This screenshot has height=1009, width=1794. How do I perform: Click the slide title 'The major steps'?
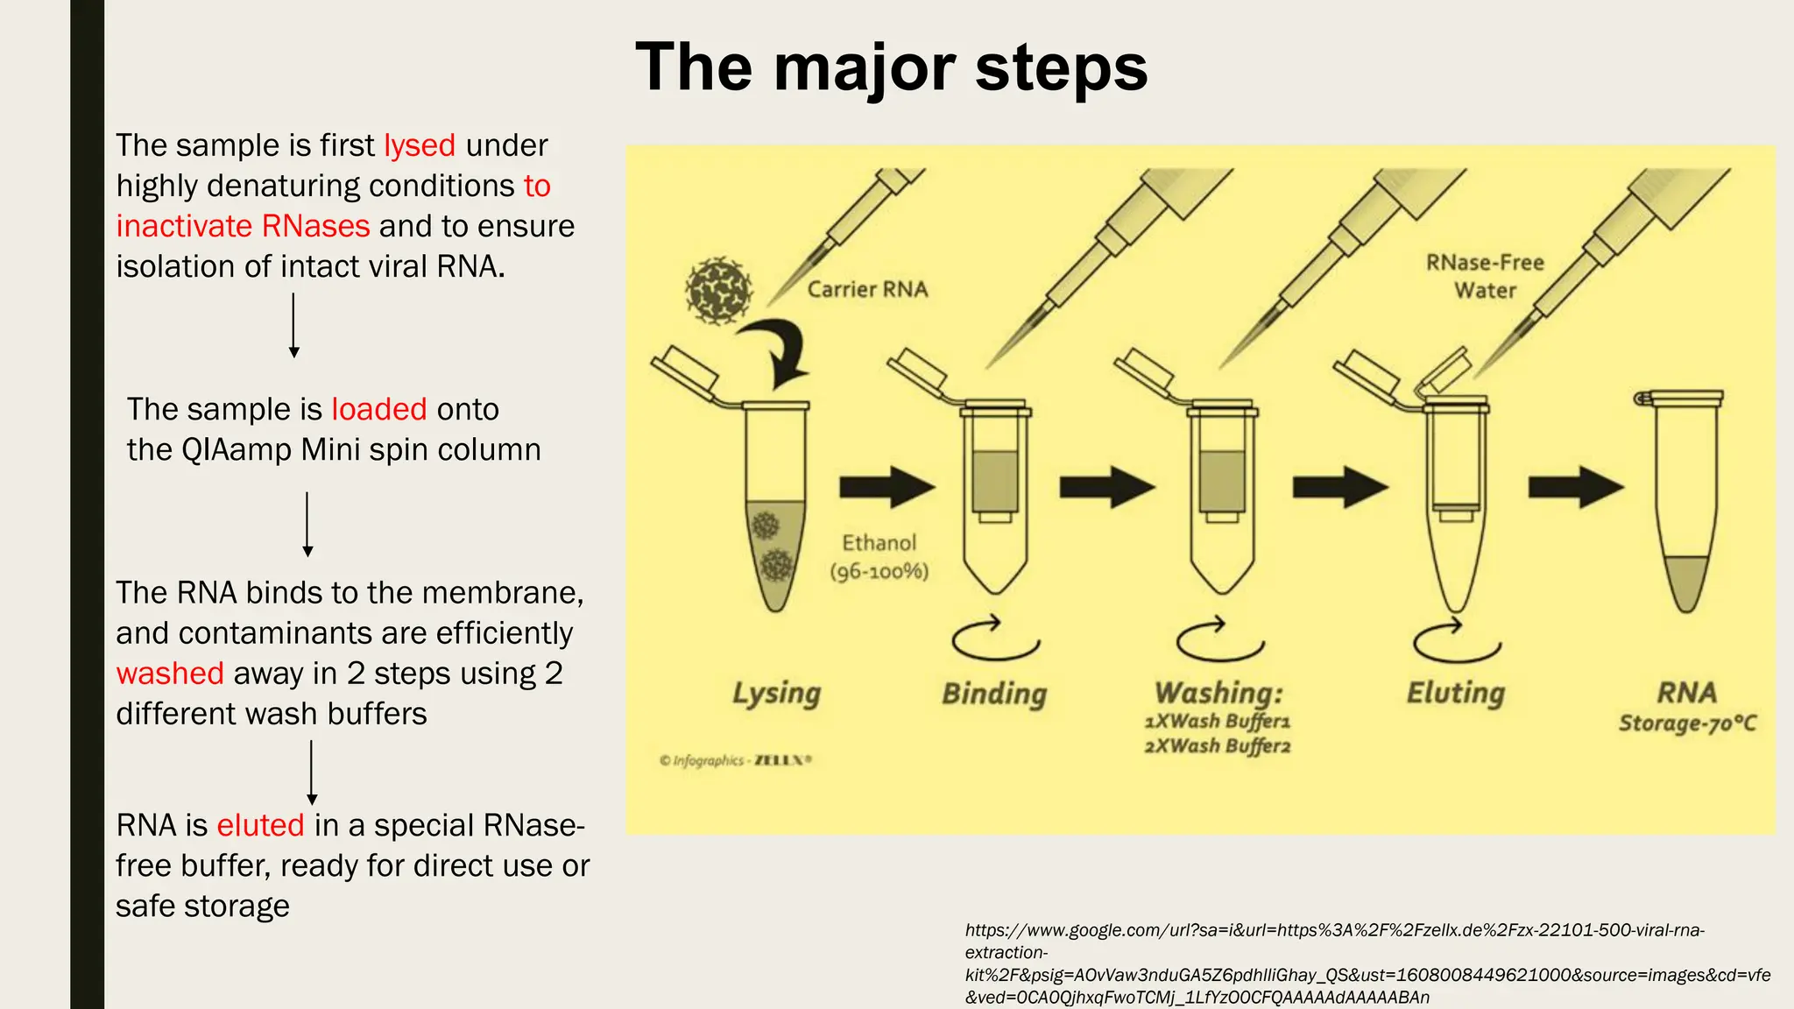tap(891, 68)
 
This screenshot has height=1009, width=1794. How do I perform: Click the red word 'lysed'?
tap(420, 145)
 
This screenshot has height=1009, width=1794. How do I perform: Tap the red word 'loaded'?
tap(378, 409)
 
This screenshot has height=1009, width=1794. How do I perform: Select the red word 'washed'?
tap(170, 674)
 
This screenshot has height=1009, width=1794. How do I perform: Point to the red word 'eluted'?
tap(260, 825)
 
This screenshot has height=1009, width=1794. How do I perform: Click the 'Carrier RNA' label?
tap(867, 290)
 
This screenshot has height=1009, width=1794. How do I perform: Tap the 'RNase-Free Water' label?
tap(1485, 276)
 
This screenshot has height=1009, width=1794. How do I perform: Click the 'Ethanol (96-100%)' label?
tap(879, 557)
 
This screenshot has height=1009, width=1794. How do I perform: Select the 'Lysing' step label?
tap(776, 694)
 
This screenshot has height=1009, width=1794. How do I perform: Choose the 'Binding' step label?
tap(994, 694)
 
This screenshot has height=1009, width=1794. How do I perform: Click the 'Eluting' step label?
tap(1455, 693)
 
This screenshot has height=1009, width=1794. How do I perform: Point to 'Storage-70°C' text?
tap(1687, 723)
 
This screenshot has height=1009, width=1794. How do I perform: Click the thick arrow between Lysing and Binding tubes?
tap(886, 487)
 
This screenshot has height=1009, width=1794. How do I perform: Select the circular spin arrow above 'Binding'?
tap(995, 639)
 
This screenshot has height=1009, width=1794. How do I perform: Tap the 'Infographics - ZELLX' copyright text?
tap(736, 760)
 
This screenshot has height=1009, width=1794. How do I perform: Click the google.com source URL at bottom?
tap(1367, 963)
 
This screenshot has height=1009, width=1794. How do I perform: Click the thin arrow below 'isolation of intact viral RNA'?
tap(294, 325)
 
